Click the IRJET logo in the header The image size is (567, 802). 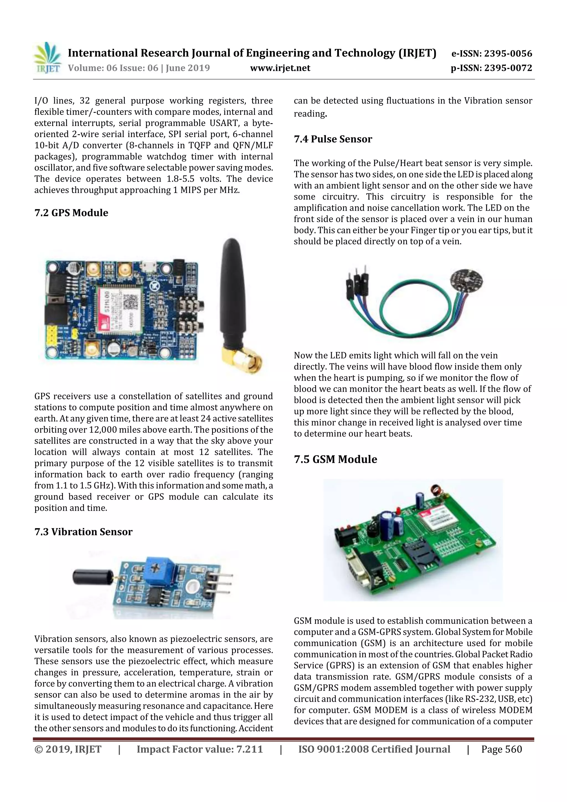pyautogui.click(x=47, y=58)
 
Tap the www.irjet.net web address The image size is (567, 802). pyautogui.click(x=280, y=68)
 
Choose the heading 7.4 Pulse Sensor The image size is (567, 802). pyautogui.click(x=333, y=139)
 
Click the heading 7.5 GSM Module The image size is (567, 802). pyautogui.click(x=335, y=459)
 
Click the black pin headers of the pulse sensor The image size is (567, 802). pyautogui.click(x=357, y=285)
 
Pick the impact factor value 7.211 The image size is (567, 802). pyautogui.click(x=249, y=749)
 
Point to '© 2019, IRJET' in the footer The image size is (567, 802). pyautogui.click(x=68, y=749)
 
